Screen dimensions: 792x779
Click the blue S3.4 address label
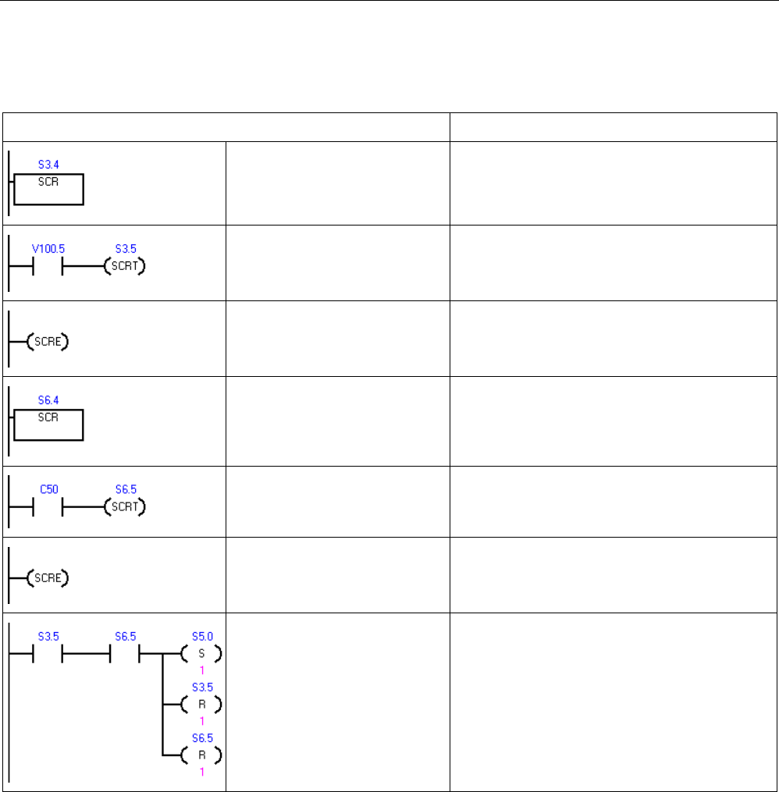point(48,165)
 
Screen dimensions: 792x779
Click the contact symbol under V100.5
point(47,267)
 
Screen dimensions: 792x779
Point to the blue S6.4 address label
point(48,400)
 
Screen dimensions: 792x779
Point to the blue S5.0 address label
point(201,638)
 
